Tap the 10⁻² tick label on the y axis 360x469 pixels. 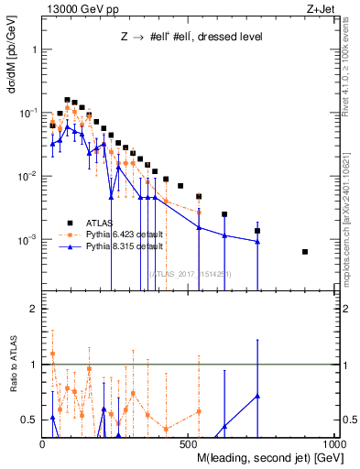pyautogui.click(x=29, y=176)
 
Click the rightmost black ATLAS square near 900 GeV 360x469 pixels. pyautogui.click(x=305, y=252)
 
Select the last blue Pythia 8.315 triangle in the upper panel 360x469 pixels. pyautogui.click(x=257, y=242)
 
